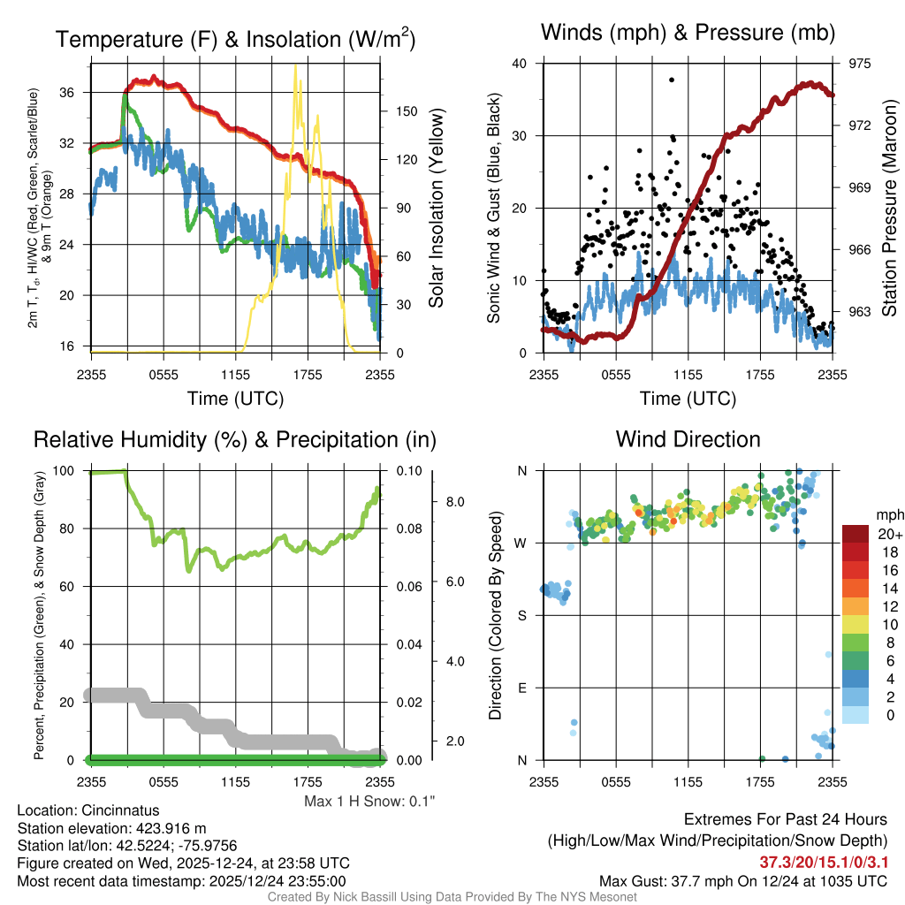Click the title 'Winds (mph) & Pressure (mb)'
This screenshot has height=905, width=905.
(688, 34)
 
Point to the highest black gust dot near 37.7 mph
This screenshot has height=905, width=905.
(672, 80)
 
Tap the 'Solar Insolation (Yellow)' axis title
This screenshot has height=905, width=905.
(437, 208)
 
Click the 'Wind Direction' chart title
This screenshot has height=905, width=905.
(688, 438)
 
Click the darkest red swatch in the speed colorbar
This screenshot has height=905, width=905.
(856, 534)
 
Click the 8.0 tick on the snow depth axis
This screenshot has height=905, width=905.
(455, 501)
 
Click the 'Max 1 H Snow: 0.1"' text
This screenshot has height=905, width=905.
(369, 802)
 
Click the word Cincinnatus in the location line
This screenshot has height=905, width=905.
(118, 810)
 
